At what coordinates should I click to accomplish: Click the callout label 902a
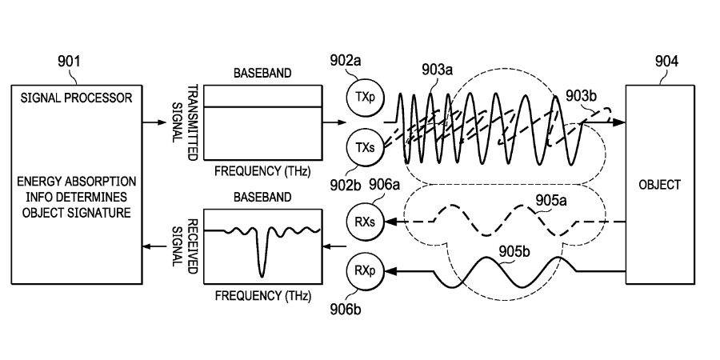tap(346, 60)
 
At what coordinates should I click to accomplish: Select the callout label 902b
tap(346, 186)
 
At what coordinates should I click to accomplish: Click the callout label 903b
tap(582, 95)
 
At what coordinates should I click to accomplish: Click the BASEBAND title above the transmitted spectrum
tap(262, 73)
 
